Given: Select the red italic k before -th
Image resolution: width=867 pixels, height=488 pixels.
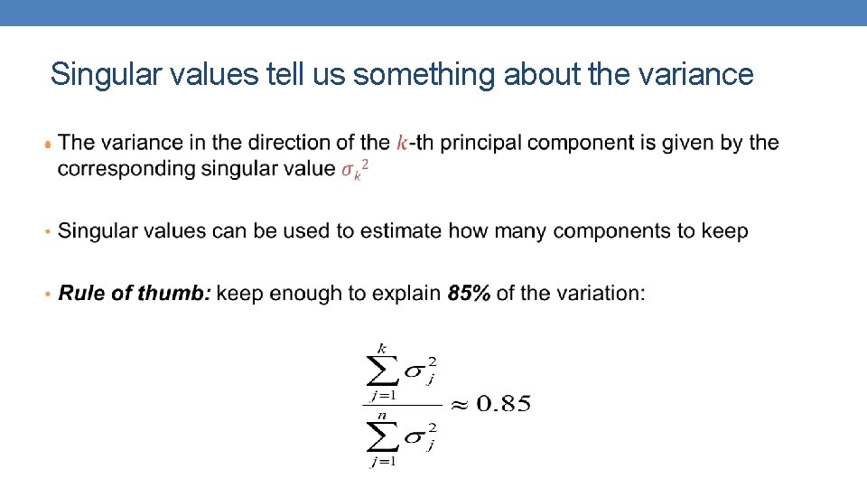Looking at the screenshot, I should click(402, 143).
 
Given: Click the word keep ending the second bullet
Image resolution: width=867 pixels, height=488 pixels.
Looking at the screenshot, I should click(722, 231).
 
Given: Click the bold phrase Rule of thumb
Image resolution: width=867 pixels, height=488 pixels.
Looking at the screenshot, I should click(135, 294).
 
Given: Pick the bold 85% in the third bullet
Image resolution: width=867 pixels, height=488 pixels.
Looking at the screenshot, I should click(469, 294).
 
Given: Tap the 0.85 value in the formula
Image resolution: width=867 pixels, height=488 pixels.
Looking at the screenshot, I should click(503, 404).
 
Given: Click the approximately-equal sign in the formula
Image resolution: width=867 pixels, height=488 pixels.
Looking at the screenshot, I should click(459, 405).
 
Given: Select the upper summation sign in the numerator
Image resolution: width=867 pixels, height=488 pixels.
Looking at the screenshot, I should click(382, 371).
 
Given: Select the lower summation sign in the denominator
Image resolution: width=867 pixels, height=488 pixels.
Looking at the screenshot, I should click(382, 438).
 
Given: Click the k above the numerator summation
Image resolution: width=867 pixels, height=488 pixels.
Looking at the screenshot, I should click(382, 348).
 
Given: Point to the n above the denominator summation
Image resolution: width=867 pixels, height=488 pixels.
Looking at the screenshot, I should click(382, 415).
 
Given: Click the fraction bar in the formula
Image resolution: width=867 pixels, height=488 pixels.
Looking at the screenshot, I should click(401, 404).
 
